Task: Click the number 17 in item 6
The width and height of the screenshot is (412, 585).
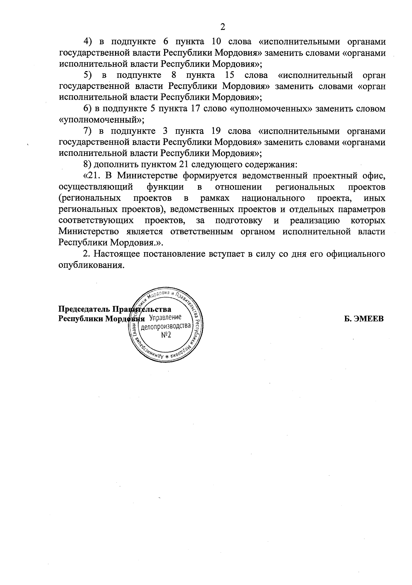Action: coord(194,109)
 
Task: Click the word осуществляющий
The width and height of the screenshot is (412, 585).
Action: coord(96,187)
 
